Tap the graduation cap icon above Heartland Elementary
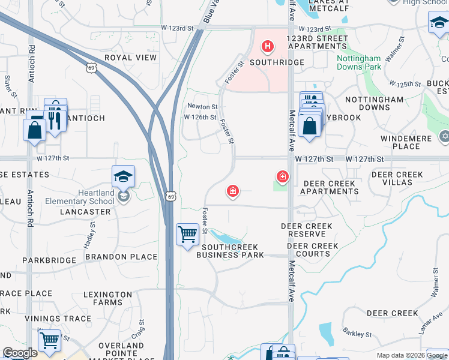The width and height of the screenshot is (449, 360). (x=123, y=176)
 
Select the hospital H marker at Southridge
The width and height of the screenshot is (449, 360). (x=268, y=46)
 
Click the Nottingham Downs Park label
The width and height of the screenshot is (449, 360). (x=358, y=62)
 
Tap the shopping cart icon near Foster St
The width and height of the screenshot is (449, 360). (x=187, y=234)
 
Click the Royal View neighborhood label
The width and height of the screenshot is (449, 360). (x=130, y=58)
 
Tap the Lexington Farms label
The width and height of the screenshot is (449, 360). (x=107, y=299)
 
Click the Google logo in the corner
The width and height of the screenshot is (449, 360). (x=20, y=353)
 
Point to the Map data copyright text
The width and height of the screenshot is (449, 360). (x=412, y=355)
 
